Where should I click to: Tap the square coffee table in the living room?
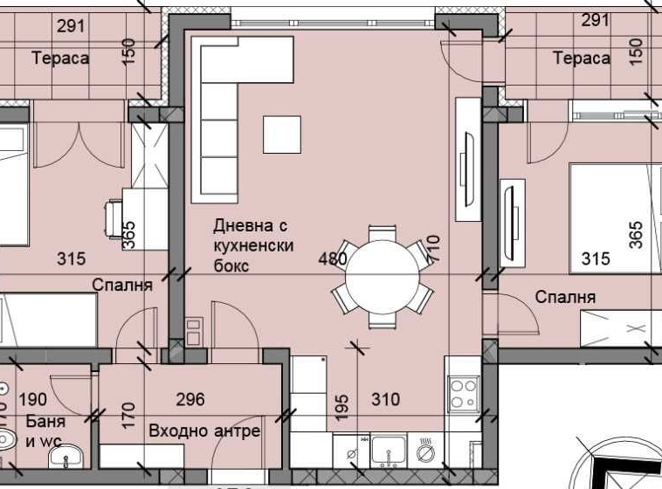282,134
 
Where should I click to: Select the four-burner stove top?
462,394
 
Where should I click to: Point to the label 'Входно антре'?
204,431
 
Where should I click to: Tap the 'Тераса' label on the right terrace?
581,58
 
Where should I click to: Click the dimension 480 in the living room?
334,258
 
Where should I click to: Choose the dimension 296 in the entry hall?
190,400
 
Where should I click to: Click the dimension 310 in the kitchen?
385,400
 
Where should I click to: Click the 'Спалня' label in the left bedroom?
123,285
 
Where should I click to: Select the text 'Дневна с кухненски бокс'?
253,245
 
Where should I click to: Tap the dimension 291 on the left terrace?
71,25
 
